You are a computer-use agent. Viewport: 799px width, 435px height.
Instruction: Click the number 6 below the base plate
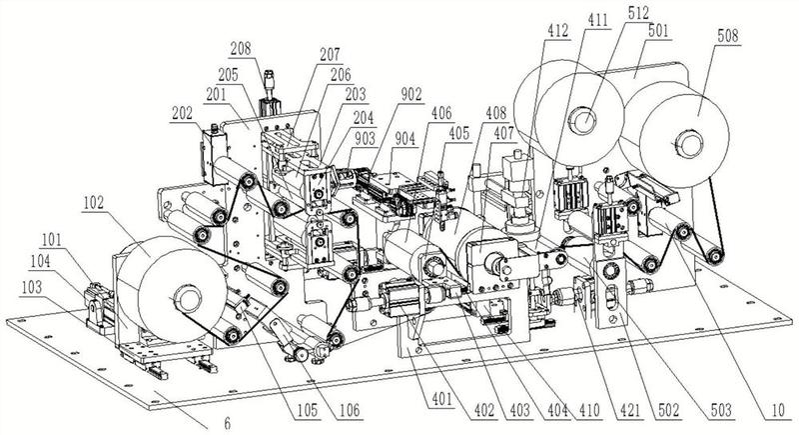pyautogui.click(x=227, y=423)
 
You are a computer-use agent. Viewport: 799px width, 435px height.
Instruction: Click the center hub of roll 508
pyautogui.click(x=687, y=139)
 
